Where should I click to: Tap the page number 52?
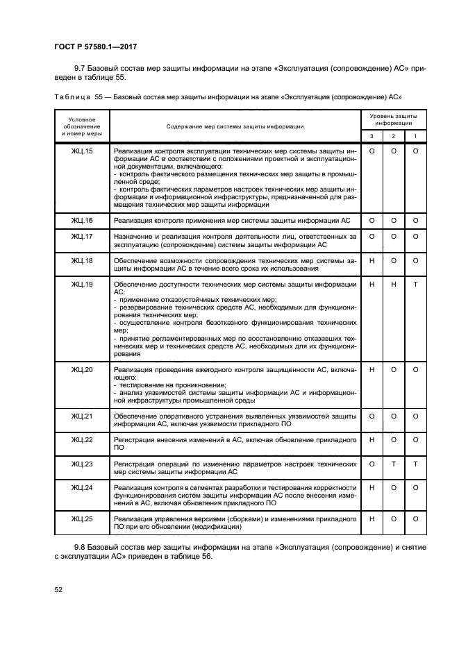(x=58, y=589)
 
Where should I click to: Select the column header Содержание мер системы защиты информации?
(x=235, y=126)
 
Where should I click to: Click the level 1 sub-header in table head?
(x=415, y=136)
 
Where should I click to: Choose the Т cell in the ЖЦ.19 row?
(x=415, y=284)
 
